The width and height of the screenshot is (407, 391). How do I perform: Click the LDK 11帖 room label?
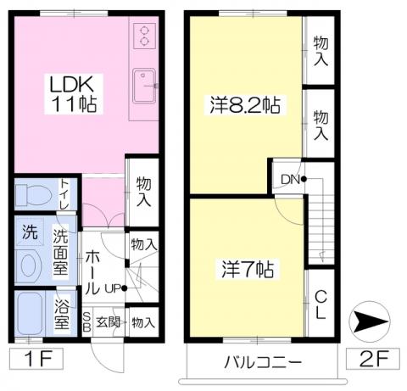pos(74,94)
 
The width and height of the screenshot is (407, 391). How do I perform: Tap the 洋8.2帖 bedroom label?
pos(245,105)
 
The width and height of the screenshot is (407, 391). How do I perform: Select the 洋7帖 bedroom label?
pos(248,269)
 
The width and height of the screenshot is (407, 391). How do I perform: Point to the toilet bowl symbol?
pos(33,194)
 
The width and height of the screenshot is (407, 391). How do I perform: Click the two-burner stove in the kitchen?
pos(144,36)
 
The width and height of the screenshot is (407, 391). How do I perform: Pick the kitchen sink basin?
pos(144,86)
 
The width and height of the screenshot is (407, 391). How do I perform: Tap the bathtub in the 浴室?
pos(30,313)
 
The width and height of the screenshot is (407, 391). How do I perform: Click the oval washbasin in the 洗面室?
pos(29,265)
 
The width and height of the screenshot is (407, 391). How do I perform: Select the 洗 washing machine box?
pos(30,232)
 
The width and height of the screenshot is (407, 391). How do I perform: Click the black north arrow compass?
pos(370,321)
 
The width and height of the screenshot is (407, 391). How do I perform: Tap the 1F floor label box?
pos(36,359)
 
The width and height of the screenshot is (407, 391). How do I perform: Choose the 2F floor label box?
pos(373,359)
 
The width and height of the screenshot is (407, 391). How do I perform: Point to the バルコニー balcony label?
pos(263,361)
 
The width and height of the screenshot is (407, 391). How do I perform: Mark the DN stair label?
pos(290,179)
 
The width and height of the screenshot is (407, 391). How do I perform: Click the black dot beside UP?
pos(124,288)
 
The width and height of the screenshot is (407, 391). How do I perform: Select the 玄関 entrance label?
pos(108,322)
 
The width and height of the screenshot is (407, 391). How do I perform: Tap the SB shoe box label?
pos(86,322)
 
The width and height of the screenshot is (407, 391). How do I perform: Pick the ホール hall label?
pos(92,272)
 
